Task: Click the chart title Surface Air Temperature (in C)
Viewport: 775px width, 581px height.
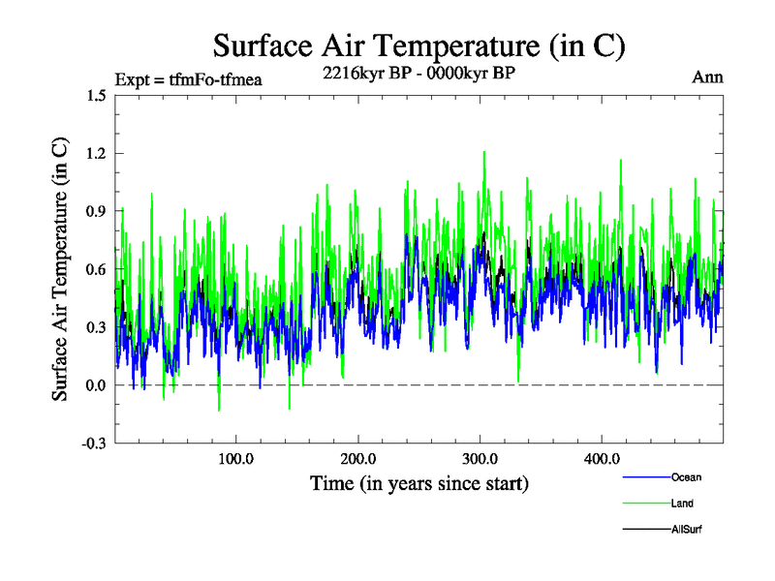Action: pos(418,46)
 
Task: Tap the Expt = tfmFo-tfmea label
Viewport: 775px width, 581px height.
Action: pos(188,77)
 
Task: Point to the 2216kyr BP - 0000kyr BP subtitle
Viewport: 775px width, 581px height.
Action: pos(418,72)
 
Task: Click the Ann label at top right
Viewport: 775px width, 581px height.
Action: pos(708,77)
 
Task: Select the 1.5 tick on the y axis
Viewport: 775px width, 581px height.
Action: pos(95,95)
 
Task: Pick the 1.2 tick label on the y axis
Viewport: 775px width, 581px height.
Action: pos(95,153)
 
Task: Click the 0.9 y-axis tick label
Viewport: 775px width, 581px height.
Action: pos(95,211)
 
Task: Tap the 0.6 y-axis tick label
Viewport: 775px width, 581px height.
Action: pos(95,269)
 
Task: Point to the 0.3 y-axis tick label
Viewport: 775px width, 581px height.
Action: pos(95,327)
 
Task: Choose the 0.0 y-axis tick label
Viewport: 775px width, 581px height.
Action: pos(95,385)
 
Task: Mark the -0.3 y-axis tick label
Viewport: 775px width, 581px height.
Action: pos(93,443)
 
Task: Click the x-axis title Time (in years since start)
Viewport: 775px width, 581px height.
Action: pos(418,482)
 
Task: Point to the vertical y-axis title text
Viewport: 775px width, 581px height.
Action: pos(60,269)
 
